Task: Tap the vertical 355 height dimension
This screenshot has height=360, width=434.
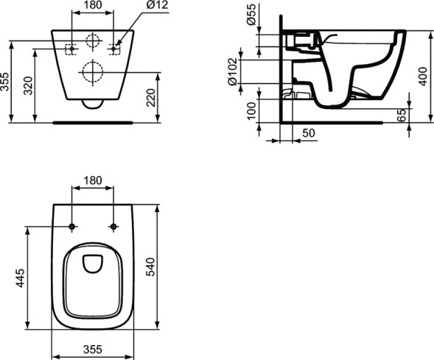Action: tap(6, 81)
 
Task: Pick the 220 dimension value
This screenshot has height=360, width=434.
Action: tap(151, 96)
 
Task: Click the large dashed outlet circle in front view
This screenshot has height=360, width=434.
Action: tap(93, 71)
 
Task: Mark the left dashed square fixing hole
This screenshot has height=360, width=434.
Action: tap(71, 49)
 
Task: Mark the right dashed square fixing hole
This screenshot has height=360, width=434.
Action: tap(114, 49)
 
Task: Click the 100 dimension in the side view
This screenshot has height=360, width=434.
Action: tap(251, 111)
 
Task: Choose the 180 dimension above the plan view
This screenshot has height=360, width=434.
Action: tap(93, 180)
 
